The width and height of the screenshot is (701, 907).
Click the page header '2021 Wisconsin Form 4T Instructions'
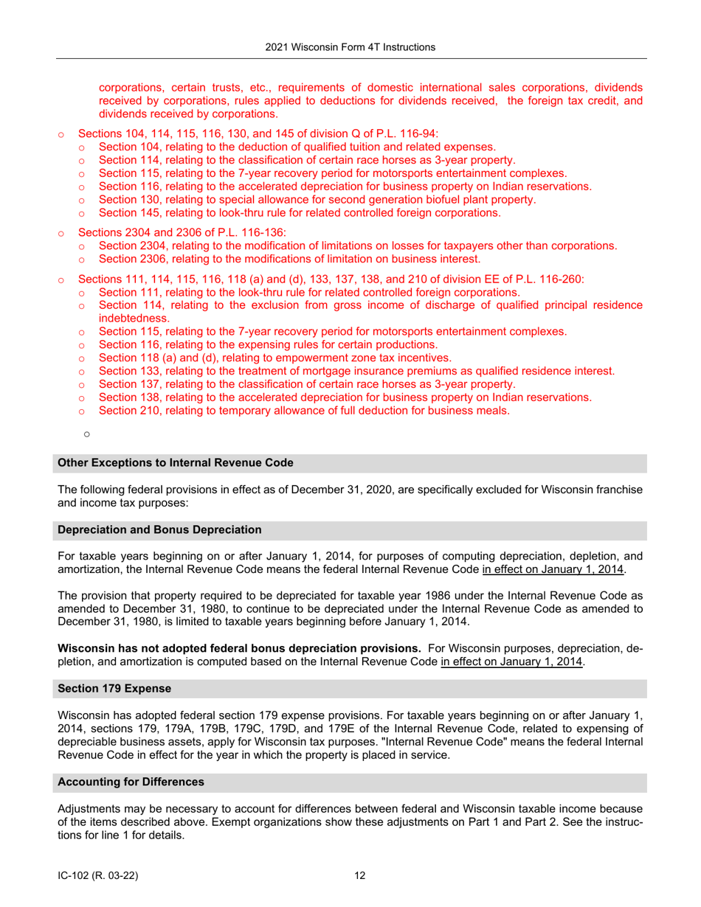(350, 47)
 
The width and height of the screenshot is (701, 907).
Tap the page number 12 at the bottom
(360, 875)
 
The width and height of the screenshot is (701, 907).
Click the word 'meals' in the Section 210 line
(491, 411)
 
